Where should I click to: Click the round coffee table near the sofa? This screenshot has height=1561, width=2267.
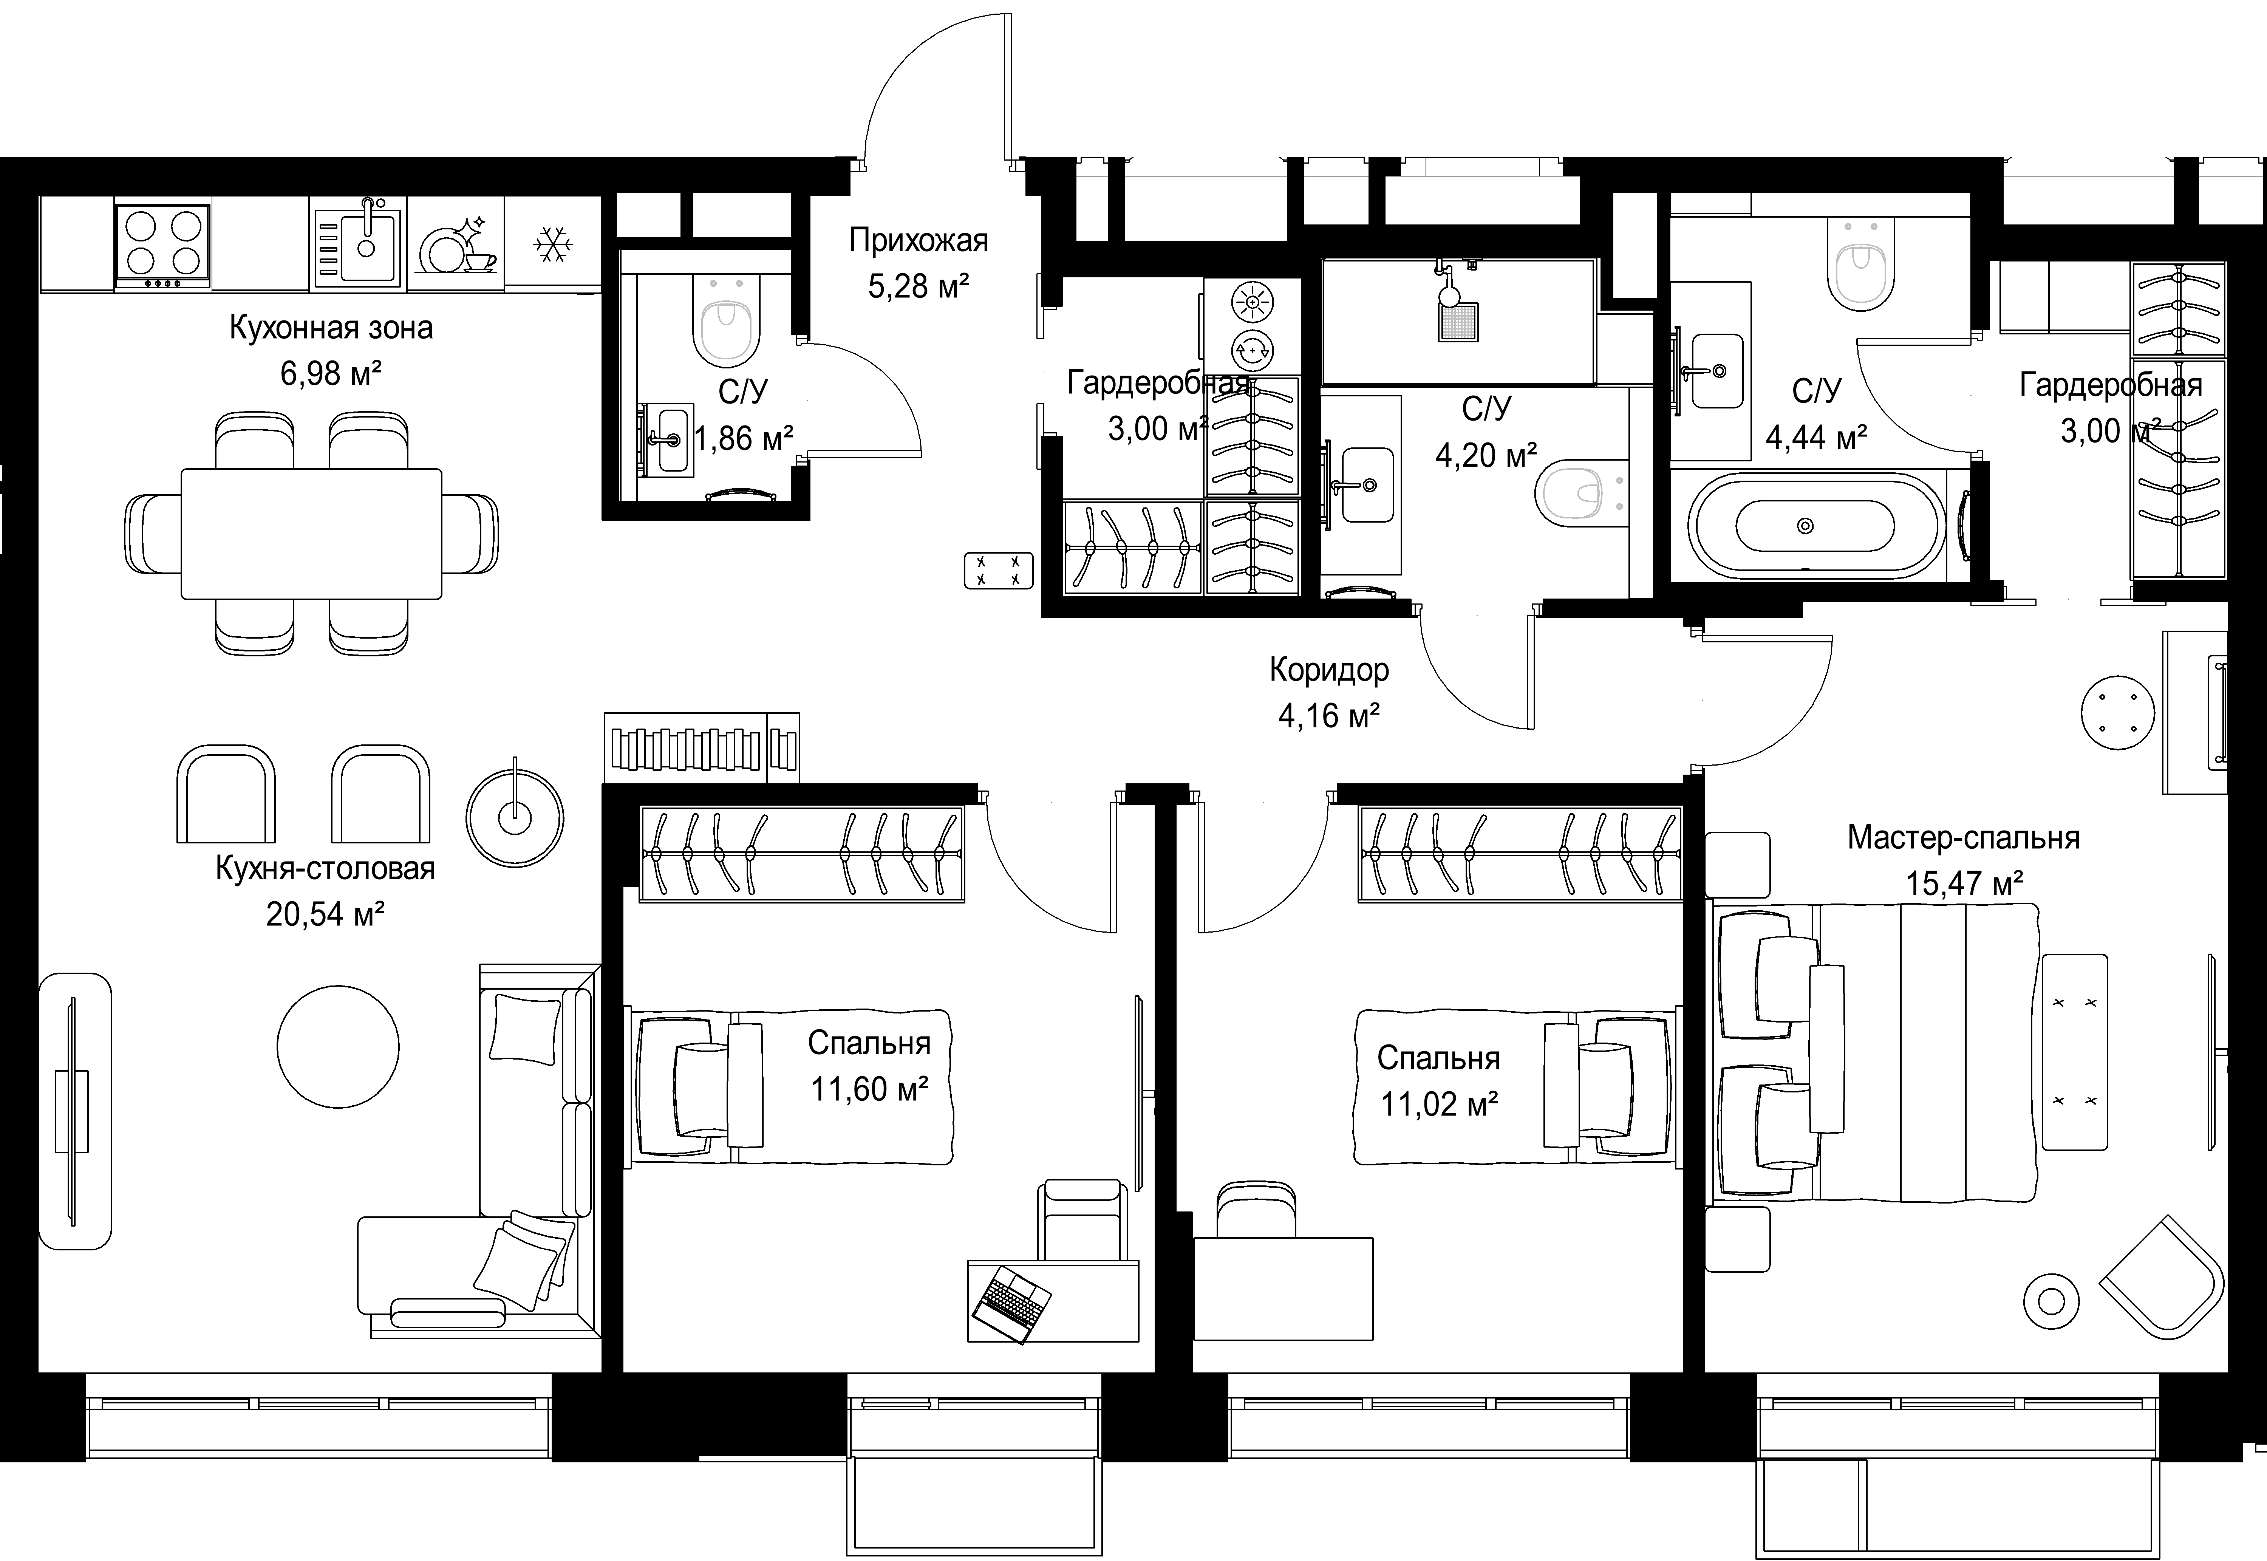tap(339, 1047)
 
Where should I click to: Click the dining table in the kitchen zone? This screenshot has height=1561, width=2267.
tap(311, 533)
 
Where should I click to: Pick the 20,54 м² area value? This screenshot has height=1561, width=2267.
tap(325, 914)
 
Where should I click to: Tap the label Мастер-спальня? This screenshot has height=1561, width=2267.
tap(1963, 838)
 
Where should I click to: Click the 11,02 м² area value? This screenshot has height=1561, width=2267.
tap(1440, 1104)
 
